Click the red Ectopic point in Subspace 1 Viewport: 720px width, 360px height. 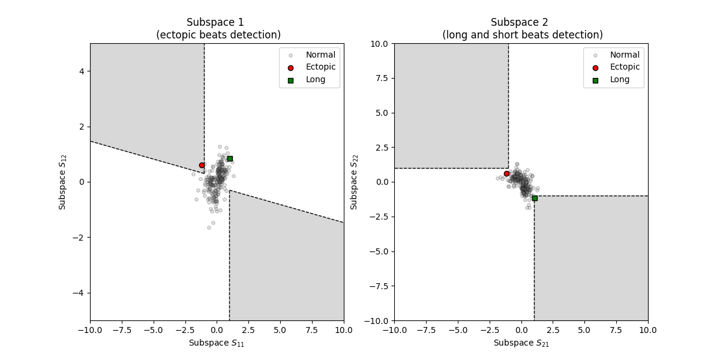coord(202,165)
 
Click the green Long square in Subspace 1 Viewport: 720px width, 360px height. coord(230,158)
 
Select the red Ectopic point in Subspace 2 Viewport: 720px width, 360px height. coord(506,173)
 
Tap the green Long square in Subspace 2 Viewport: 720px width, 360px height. coord(535,198)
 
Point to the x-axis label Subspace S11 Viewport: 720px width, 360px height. coord(217,343)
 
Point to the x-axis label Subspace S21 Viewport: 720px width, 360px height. coord(521,343)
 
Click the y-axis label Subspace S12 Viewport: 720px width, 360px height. coord(62,182)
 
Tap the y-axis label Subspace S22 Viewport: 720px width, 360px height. coord(355,182)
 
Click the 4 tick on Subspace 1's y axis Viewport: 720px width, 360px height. coord(82,71)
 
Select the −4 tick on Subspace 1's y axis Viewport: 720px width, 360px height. coord(79,293)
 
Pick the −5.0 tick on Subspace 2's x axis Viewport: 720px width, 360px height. coord(457,329)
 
